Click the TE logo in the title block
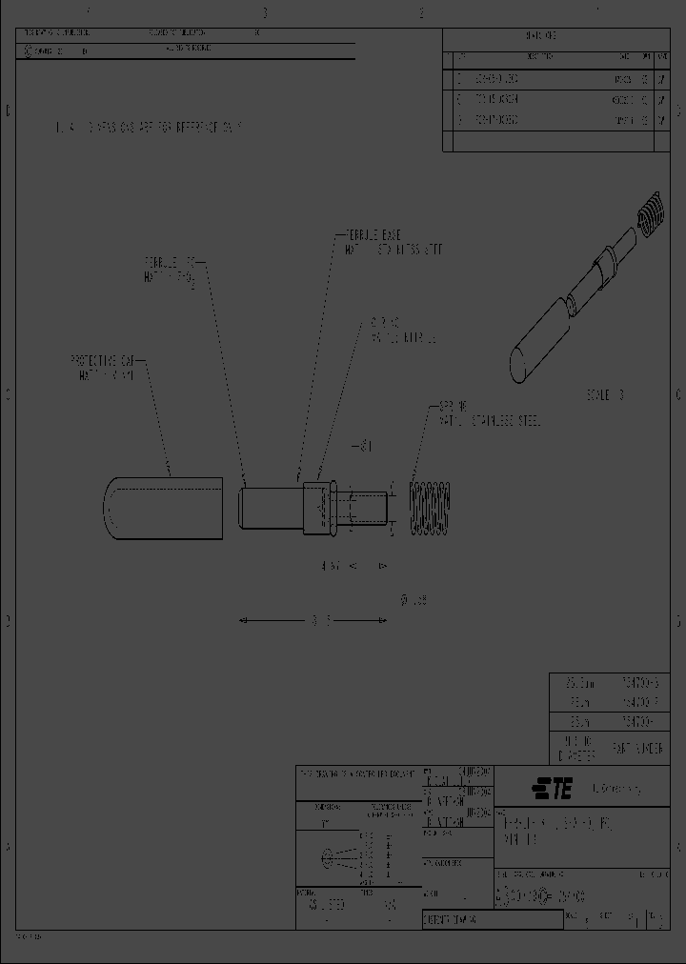(x=551, y=788)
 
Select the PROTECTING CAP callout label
(x=104, y=367)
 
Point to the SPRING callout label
(x=486, y=414)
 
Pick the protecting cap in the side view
(x=162, y=505)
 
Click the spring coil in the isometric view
(x=647, y=213)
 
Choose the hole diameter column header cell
(x=577, y=749)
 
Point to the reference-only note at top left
(x=148, y=127)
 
